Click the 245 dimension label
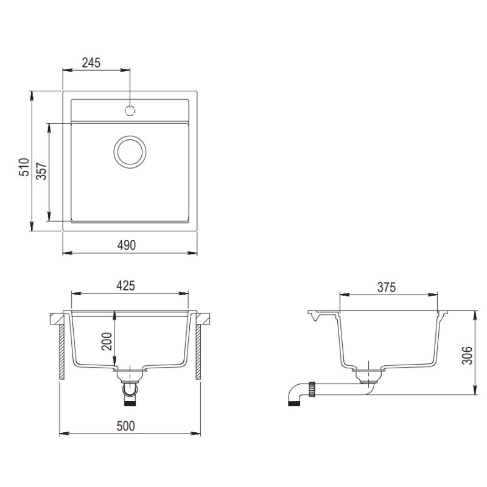(91, 63)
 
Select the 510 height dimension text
(24, 167)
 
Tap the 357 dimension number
(41, 171)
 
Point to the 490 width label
(127, 245)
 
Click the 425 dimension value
(126, 286)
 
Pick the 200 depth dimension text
(107, 342)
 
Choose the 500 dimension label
(126, 426)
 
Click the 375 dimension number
(387, 287)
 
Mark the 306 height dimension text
(467, 356)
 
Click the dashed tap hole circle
(130, 111)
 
